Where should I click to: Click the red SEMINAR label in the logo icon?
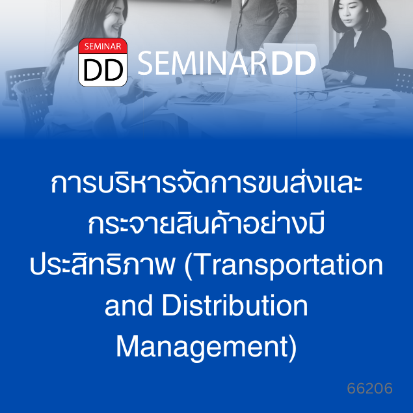pos(103,46)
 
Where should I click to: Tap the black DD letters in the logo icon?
pos(103,70)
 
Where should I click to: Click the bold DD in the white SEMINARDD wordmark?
pos(293,63)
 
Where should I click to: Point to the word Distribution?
pos(235,306)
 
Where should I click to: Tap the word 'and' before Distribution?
pos(129,306)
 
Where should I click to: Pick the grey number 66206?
pos(369,388)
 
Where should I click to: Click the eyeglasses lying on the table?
pos(311,95)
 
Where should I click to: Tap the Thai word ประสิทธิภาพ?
pos(102,263)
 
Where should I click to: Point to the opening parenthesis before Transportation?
pos(188,266)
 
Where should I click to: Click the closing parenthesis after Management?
pos(293,348)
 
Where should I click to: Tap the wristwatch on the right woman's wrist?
pos(350,75)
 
